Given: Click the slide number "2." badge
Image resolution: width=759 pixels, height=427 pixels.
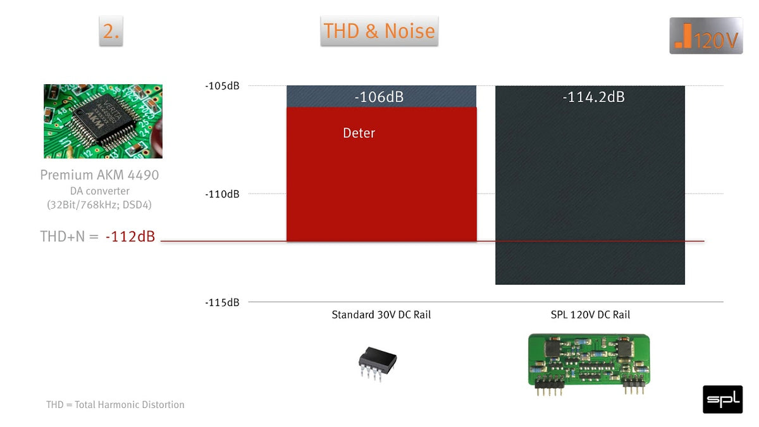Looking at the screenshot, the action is pyautogui.click(x=111, y=31).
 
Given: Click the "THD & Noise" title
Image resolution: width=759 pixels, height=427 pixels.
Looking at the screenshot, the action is pyautogui.click(x=379, y=31).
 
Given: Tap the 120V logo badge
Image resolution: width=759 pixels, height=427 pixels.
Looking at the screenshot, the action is pyautogui.click(x=706, y=35).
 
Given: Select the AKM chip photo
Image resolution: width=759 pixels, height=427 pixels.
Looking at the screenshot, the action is pyautogui.click(x=103, y=121).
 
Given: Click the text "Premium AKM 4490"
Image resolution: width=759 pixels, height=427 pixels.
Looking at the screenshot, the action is pyautogui.click(x=99, y=175).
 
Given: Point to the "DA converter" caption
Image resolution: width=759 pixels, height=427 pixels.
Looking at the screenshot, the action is pyautogui.click(x=100, y=191).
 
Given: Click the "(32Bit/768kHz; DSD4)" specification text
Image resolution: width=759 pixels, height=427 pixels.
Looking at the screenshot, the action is pyautogui.click(x=99, y=205).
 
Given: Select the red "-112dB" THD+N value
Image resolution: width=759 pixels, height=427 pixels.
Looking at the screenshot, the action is pyautogui.click(x=130, y=236).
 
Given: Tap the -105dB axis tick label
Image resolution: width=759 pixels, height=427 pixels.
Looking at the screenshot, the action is pyautogui.click(x=222, y=86).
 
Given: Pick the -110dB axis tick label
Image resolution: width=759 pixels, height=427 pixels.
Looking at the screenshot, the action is pyautogui.click(x=222, y=194).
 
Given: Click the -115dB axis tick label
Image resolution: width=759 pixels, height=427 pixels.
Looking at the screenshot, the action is pyautogui.click(x=222, y=302).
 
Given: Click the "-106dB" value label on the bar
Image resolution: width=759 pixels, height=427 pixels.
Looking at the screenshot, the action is pyautogui.click(x=379, y=97).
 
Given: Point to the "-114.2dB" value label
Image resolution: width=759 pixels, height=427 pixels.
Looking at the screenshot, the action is pyautogui.click(x=594, y=97).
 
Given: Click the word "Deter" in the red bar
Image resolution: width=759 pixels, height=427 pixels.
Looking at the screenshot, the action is pyautogui.click(x=359, y=133).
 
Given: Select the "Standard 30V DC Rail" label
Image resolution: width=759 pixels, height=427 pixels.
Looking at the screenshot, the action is pyautogui.click(x=381, y=314).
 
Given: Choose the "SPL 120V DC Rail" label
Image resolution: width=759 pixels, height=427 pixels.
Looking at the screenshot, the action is pyautogui.click(x=590, y=314).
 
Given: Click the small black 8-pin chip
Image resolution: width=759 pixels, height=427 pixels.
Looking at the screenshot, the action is pyautogui.click(x=378, y=363).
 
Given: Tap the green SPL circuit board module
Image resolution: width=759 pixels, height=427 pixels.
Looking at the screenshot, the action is pyautogui.click(x=589, y=364).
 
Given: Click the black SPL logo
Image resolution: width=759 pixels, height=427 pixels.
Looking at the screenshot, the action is pyautogui.click(x=722, y=399).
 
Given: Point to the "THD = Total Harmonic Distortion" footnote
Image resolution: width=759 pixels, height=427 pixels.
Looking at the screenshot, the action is pyautogui.click(x=115, y=405).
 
